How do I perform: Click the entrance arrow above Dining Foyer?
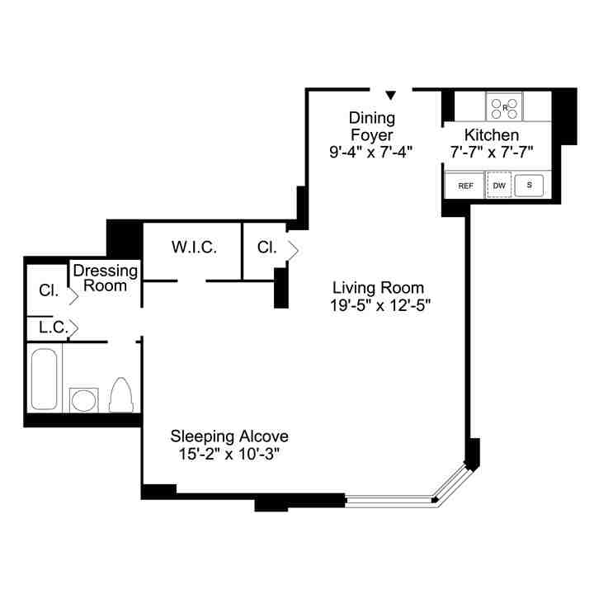coord(391,96)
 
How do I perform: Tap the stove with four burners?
coord(505,107)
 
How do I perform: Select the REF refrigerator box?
coord(465,186)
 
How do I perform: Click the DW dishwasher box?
coord(499,186)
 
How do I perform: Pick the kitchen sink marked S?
coord(529,186)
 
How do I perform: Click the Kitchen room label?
coord(492,134)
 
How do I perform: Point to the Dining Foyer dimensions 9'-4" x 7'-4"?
coord(370,151)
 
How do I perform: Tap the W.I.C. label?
coord(194,247)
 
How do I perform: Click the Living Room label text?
coord(378,288)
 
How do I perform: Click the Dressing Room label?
coord(106,278)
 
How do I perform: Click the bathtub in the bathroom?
coord(45,379)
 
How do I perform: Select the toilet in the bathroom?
coord(121,395)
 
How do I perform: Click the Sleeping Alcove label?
coord(229,436)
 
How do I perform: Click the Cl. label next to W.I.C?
coord(266,247)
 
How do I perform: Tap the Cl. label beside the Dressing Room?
coord(49,290)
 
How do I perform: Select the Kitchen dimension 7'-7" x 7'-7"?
coord(492,152)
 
